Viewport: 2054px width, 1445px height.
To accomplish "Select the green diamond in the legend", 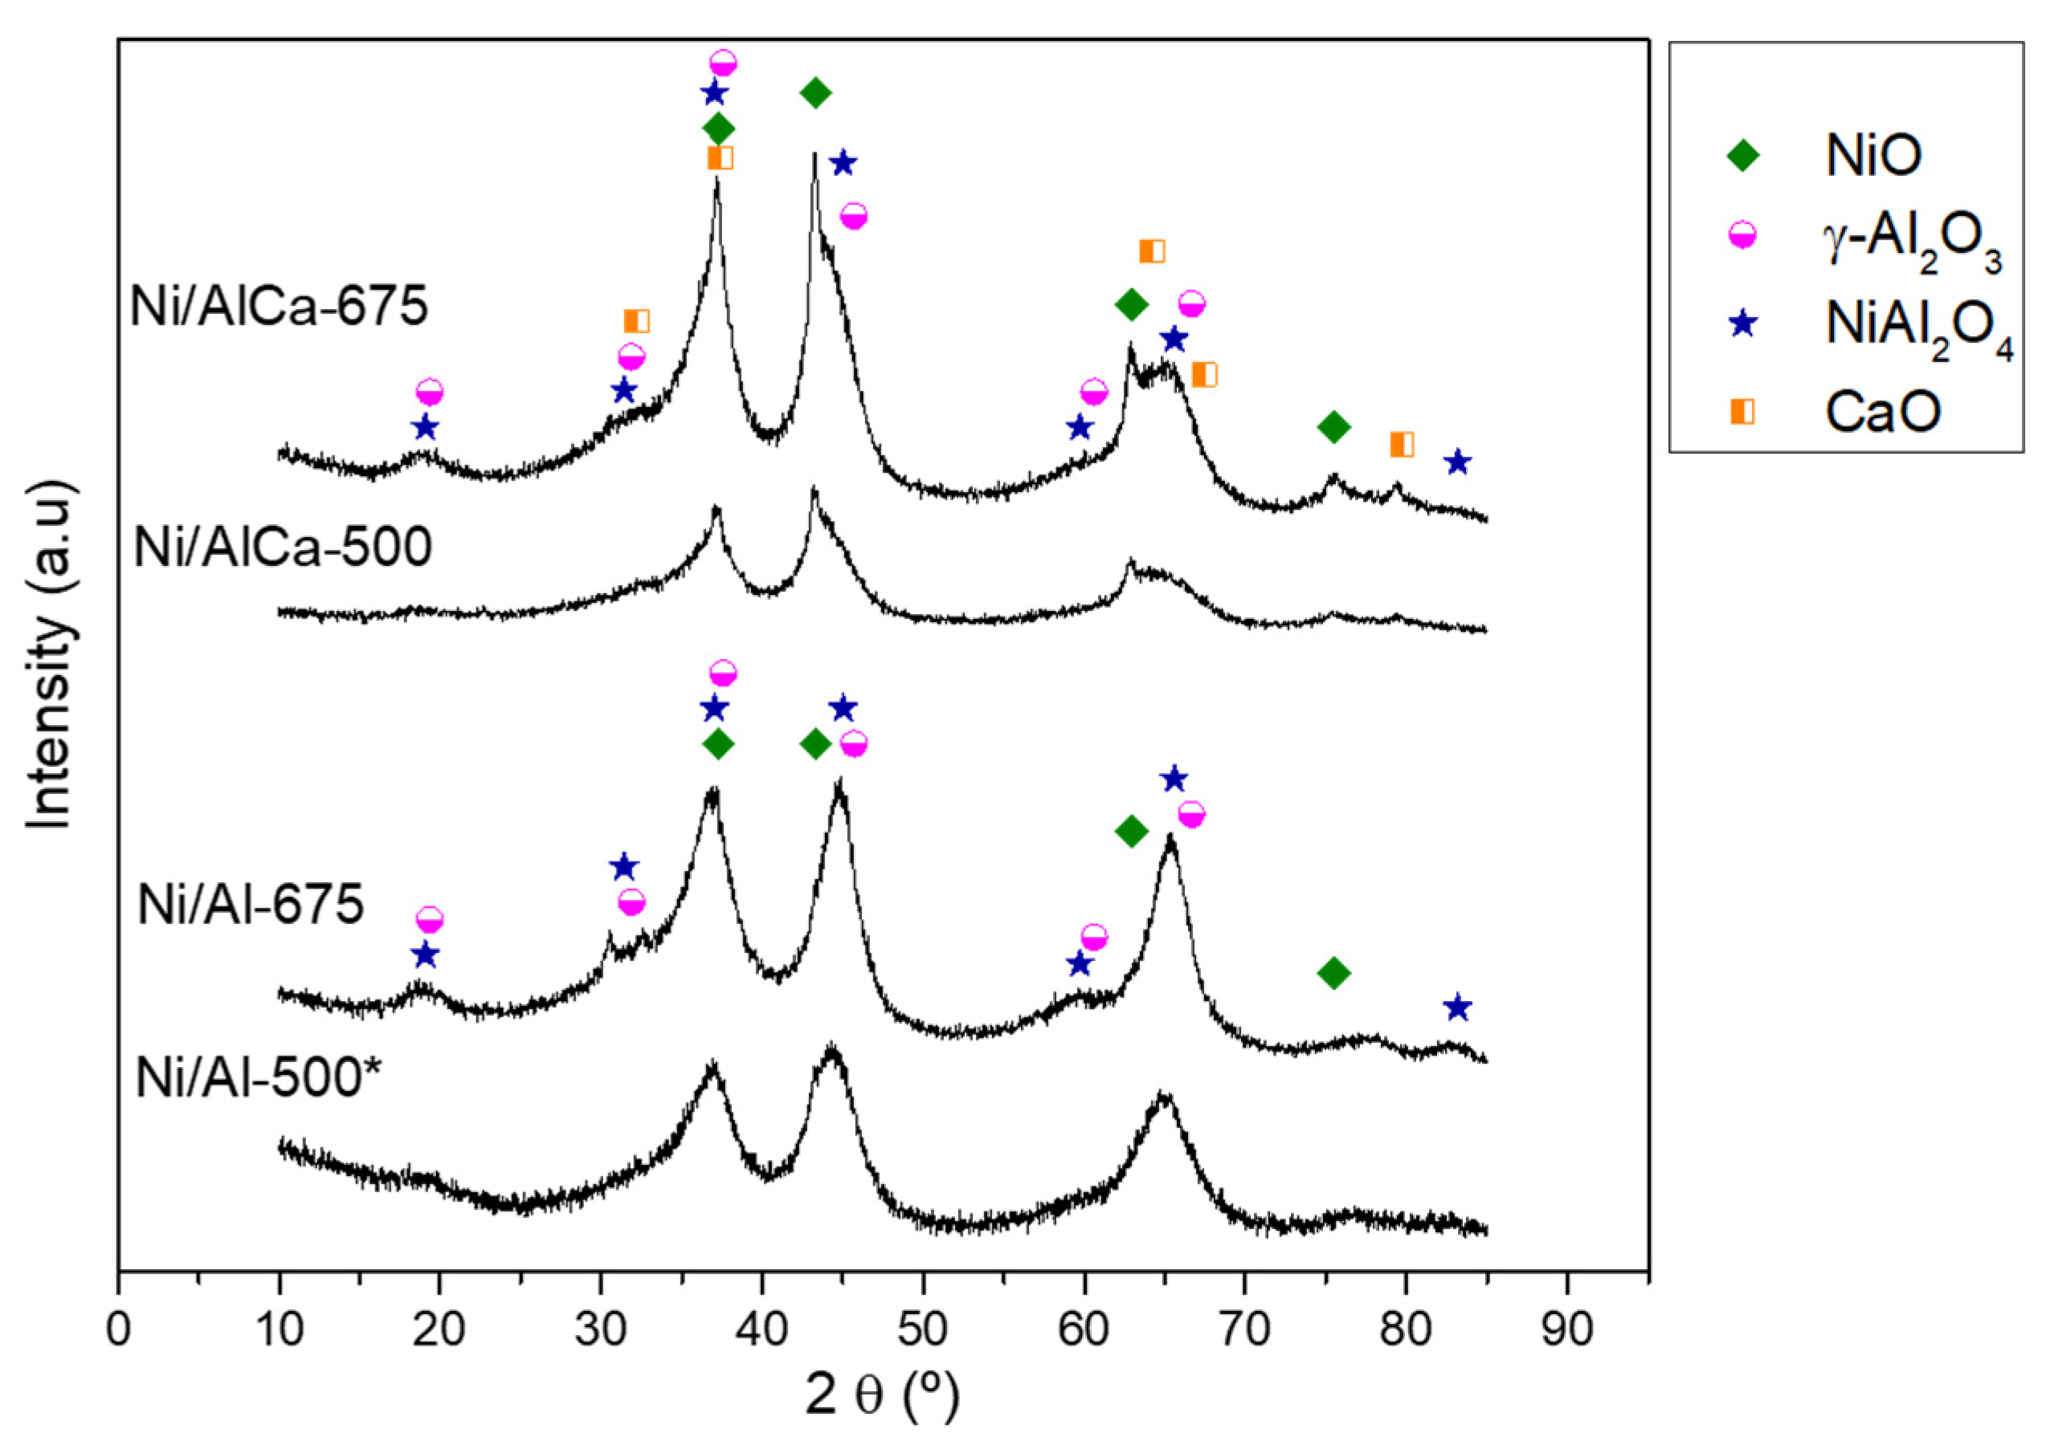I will click(1742, 156).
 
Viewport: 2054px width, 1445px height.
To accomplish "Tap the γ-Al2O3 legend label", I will click(1913, 243).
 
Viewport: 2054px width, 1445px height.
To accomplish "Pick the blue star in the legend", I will click(1742, 324).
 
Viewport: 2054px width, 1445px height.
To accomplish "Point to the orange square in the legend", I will click(1742, 410).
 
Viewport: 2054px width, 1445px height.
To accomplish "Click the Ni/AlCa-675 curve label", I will click(279, 307).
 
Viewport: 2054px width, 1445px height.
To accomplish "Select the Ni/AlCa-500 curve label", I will click(283, 547).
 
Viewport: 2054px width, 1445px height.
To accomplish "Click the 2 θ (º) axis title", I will click(882, 1396).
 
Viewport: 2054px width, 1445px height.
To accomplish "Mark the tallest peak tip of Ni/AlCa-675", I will click(814, 155).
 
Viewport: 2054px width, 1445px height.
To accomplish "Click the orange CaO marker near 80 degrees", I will click(1402, 445).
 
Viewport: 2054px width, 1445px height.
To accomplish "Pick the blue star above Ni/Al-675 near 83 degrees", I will click(1458, 1008).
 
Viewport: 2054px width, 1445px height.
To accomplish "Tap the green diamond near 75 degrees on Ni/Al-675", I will click(1333, 973).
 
